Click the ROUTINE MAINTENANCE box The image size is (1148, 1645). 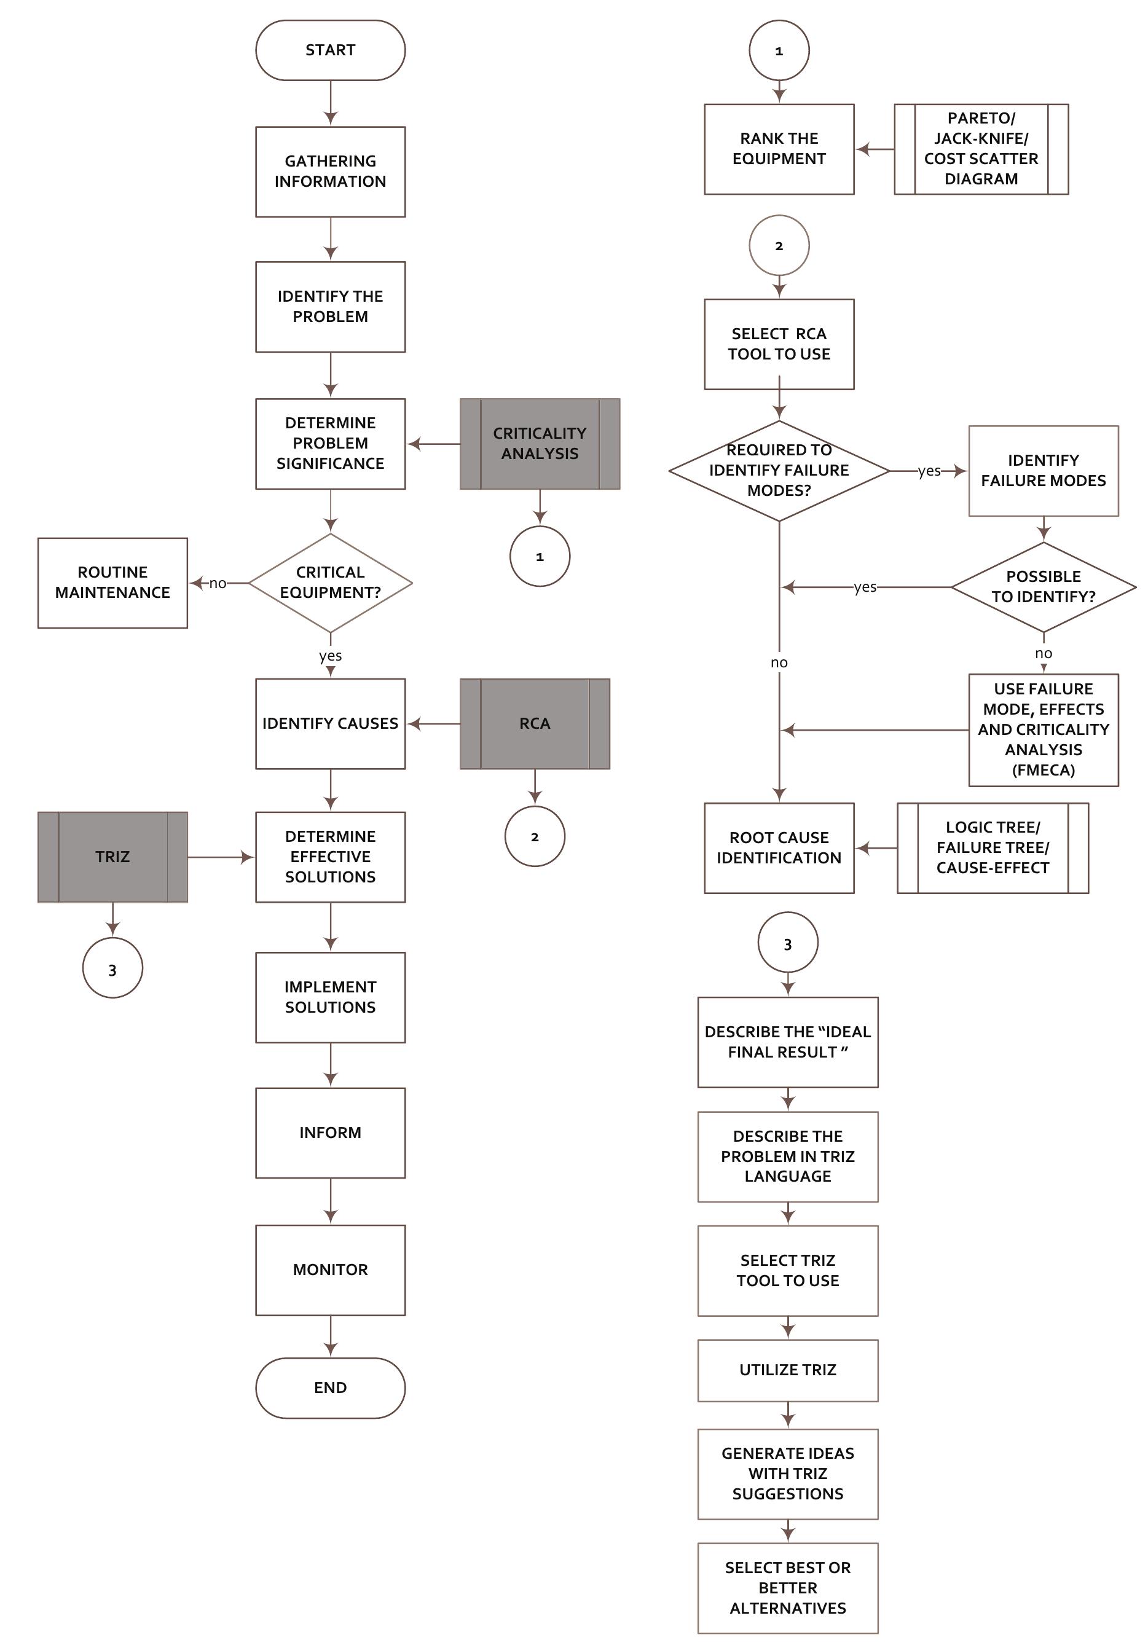[x=112, y=583]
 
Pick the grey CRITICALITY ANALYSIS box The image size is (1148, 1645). [x=539, y=444]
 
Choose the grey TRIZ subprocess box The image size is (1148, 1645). [x=112, y=856]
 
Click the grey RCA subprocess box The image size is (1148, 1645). [x=535, y=724]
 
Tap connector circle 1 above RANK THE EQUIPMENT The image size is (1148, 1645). [x=779, y=50]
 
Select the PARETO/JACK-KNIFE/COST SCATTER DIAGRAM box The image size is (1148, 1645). [x=980, y=149]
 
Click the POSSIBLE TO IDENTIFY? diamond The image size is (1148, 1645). [x=1043, y=587]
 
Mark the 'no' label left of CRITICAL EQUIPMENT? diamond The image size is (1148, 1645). [x=218, y=583]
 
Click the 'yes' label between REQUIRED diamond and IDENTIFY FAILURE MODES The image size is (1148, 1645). [x=929, y=471]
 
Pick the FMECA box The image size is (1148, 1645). [x=1043, y=729]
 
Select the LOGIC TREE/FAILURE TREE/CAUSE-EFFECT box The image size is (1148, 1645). [x=992, y=847]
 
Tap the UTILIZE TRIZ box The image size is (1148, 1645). [x=787, y=1369]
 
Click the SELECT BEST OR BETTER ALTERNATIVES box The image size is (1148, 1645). [x=787, y=1587]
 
